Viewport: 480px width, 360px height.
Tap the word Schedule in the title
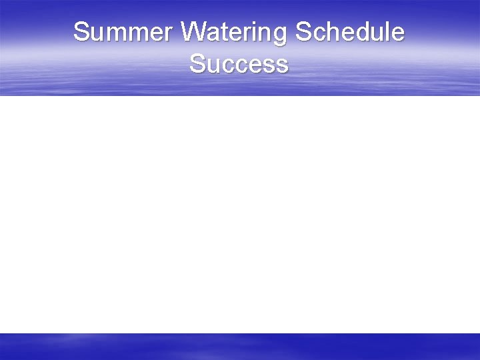[350, 32]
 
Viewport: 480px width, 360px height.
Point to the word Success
[239, 65]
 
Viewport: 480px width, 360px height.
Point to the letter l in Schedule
[388, 32]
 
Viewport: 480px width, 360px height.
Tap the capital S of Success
[197, 65]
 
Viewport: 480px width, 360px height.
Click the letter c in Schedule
[318, 33]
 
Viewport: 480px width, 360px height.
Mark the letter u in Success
[213, 66]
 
